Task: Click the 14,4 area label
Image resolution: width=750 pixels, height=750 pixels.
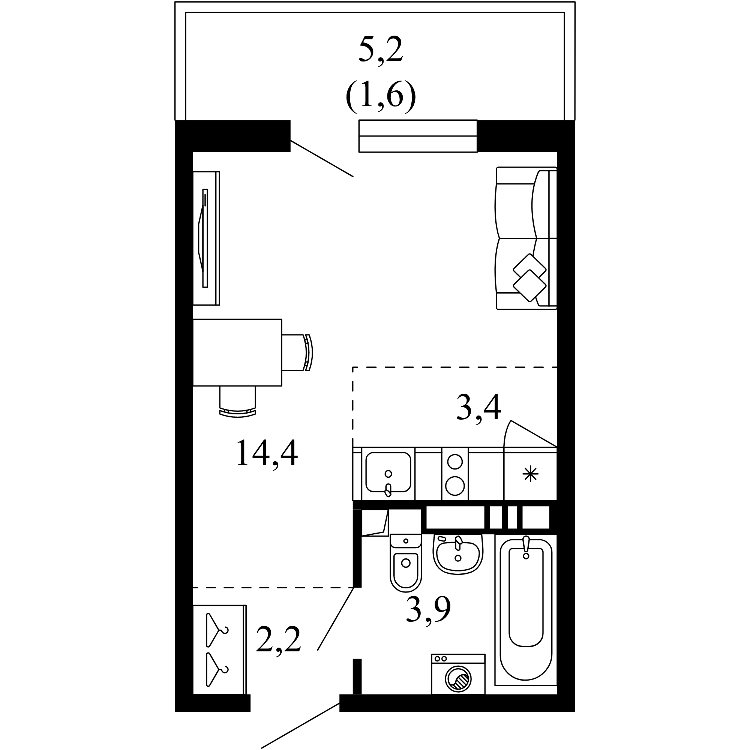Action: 267,453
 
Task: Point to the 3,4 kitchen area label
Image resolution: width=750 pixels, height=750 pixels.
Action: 478,407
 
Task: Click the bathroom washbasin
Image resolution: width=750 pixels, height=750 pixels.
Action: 458,554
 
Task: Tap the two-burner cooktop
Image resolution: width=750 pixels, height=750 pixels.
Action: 455,474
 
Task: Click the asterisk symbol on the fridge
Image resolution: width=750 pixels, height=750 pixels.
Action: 530,474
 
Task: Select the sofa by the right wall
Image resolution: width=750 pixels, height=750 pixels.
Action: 526,238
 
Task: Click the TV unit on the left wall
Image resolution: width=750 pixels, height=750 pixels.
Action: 207,238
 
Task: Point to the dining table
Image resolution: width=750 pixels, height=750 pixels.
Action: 237,352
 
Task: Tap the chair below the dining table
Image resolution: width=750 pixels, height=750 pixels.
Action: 238,402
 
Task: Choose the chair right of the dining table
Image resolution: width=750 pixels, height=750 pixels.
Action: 297,352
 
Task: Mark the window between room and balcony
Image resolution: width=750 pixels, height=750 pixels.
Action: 418,136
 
